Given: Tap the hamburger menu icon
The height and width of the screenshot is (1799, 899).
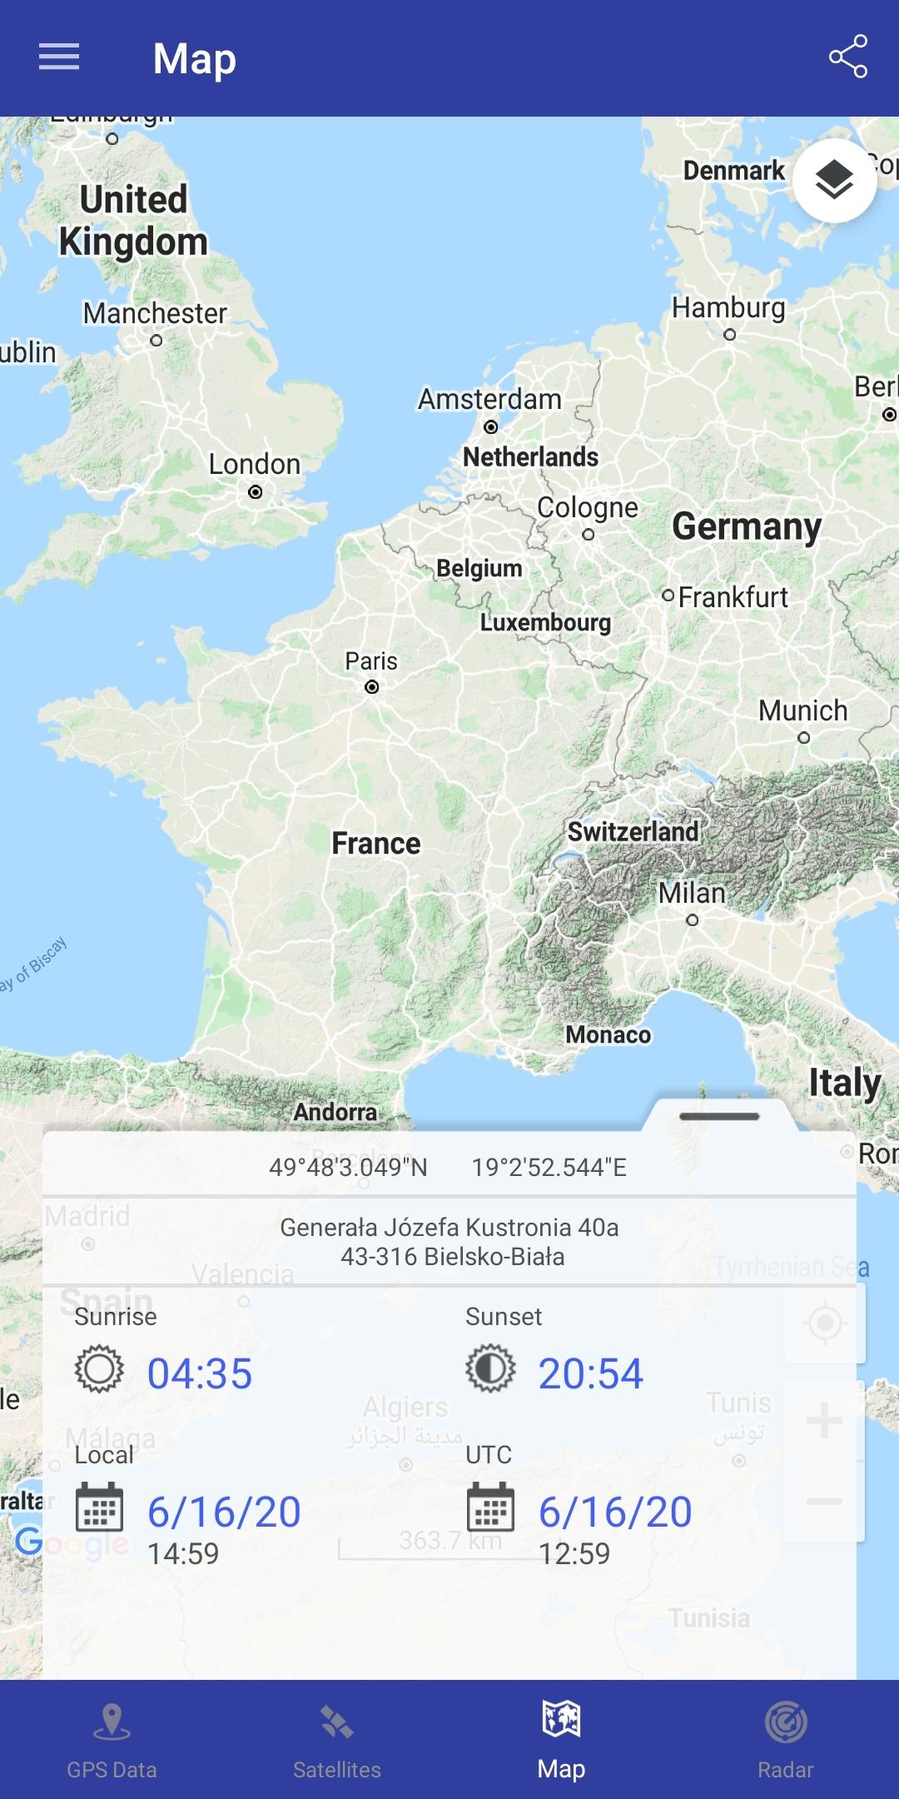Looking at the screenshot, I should [x=59, y=57].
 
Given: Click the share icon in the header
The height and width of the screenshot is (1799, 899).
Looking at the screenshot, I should [x=847, y=57].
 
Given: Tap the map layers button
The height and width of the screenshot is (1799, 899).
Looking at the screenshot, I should [x=834, y=180].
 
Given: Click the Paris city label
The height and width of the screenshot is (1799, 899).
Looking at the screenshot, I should [x=371, y=661].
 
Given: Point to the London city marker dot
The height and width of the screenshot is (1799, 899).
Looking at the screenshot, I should [x=256, y=492].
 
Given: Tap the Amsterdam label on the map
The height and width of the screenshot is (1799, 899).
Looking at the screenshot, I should [x=489, y=399].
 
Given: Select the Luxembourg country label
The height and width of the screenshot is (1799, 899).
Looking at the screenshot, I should [x=545, y=623].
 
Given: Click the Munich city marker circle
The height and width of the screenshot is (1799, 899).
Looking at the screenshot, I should [x=803, y=737].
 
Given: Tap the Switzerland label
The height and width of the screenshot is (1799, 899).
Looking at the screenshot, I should [x=633, y=831].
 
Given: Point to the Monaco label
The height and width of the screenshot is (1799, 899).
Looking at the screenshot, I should [x=608, y=1034].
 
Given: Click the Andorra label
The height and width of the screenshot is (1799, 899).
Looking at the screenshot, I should [x=335, y=1112].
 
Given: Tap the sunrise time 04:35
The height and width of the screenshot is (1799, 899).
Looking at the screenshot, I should [x=200, y=1373].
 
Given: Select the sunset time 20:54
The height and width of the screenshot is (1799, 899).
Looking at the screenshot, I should [x=591, y=1373].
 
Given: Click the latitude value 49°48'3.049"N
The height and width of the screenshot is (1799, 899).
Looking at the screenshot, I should [x=348, y=1167].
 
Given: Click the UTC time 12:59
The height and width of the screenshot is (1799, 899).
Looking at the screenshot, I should [x=574, y=1553].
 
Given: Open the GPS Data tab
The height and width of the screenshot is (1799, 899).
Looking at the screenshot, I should [x=112, y=1739].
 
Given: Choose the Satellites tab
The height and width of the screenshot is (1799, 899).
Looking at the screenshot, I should [x=336, y=1739].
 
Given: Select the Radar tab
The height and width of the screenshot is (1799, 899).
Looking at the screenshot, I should [x=786, y=1739].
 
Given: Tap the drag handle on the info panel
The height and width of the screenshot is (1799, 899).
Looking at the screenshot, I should [x=719, y=1116].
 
